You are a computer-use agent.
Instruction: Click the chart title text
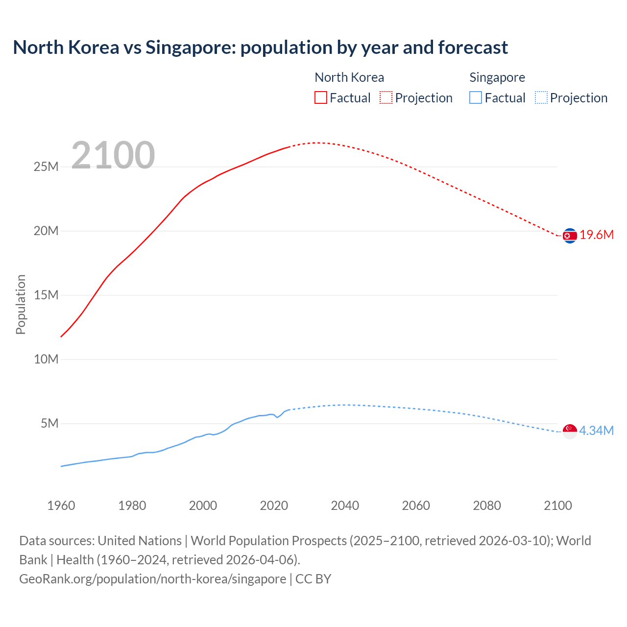(260, 48)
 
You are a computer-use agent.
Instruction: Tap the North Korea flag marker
(570, 236)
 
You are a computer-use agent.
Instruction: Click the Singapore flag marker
(570, 431)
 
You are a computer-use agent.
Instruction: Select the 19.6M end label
(597, 235)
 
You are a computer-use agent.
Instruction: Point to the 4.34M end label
(596, 431)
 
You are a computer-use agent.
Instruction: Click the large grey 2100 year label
(113, 155)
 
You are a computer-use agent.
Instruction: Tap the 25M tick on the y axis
(46, 167)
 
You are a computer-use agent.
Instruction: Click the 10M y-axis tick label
(46, 360)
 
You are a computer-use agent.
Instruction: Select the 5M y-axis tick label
(49, 424)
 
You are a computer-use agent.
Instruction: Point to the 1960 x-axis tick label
(61, 506)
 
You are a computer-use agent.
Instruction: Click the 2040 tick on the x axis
(345, 506)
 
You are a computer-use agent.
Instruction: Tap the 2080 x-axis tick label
(487, 506)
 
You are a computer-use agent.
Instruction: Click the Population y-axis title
(21, 304)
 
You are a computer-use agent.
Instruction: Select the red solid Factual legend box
(321, 97)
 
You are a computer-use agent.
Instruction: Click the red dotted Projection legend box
(386, 97)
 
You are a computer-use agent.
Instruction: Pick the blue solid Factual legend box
(476, 97)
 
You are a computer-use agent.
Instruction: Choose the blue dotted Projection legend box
(541, 97)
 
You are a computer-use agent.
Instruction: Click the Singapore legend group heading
(497, 77)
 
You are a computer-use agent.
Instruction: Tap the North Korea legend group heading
(349, 77)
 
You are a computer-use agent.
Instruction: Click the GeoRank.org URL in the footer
(152, 579)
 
